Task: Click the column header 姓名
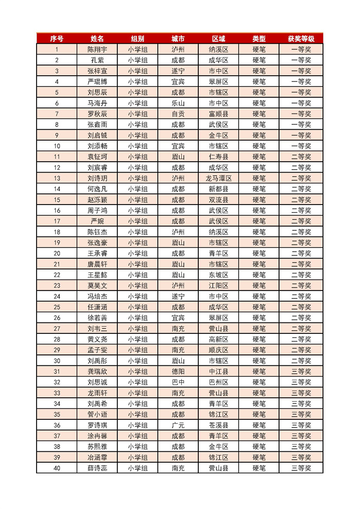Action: [97, 39]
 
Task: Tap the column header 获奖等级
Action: [301, 39]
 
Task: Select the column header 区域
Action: [218, 39]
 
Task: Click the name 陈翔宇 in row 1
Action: [97, 49]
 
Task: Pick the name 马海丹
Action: [97, 103]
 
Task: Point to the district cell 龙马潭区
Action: [218, 178]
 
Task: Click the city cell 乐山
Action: [178, 103]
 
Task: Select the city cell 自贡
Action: [178, 114]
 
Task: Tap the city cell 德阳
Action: [178, 371]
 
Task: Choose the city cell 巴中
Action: [178, 382]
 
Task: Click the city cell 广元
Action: [178, 425]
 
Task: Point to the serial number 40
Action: [57, 468]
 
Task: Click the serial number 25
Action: [57, 307]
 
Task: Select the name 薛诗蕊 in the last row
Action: [97, 468]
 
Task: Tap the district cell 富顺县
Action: [218, 114]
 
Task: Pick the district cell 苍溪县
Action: [218, 425]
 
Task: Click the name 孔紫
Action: [97, 60]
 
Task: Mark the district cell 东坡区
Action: [218, 275]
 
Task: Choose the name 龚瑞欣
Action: [97, 371]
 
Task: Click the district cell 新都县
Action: [218, 189]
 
